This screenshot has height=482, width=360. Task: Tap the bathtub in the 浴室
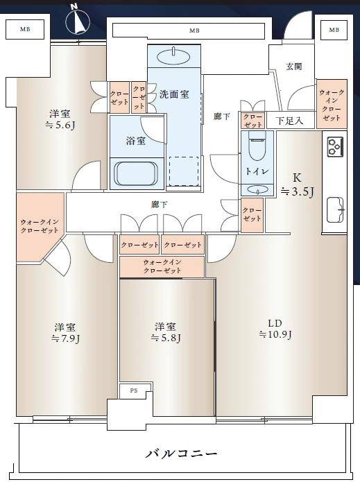pos(136,173)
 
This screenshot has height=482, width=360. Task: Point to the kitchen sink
pos(335,209)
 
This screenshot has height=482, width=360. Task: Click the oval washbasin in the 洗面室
pos(173,56)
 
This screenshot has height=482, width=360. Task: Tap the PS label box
pos(134,390)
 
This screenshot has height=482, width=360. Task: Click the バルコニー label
pos(181,453)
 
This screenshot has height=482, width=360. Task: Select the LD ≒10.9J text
pos(275,329)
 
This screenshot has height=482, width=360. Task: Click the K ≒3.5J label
pos(297,184)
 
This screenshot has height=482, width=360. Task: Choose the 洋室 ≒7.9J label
pos(65,332)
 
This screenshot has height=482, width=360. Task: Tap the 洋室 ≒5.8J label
pos(165,332)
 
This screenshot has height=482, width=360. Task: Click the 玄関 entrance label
pos(294,67)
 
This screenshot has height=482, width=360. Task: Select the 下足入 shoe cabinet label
pos(289,121)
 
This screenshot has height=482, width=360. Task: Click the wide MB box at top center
pos(189,31)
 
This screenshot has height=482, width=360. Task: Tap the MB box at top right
pos(334,30)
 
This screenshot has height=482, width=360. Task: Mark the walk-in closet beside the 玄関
pos(332,104)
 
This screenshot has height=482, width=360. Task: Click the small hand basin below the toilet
pos(257,189)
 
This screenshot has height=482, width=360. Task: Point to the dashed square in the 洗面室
pos(183,171)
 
